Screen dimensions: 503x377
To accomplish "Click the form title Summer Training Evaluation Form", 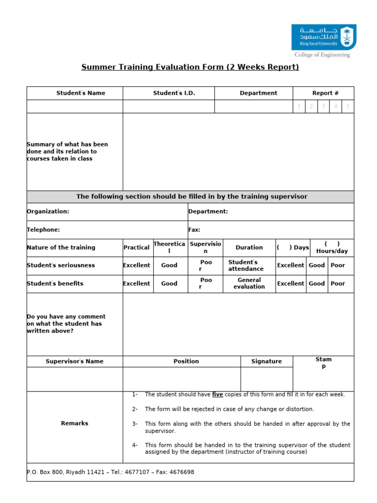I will (x=190, y=67).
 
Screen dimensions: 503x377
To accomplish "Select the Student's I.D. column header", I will (x=174, y=93).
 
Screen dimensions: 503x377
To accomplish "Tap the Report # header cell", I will (x=325, y=93).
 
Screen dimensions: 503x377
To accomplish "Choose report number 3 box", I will (x=323, y=106).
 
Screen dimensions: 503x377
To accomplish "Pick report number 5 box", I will (x=348, y=106).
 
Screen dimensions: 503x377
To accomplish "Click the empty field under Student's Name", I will (x=75, y=106).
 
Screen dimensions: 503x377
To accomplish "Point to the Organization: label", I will (x=48, y=211).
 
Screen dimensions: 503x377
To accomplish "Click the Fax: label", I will (x=194, y=229).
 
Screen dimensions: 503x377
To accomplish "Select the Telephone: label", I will (x=43, y=229).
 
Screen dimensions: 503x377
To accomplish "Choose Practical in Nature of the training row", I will (x=136, y=248).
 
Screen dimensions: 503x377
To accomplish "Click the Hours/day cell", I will (x=332, y=248).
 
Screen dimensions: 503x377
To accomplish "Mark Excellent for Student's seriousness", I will (x=136, y=265).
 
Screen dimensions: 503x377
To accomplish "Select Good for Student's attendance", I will (x=317, y=265).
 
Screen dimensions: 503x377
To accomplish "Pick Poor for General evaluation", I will (x=338, y=283).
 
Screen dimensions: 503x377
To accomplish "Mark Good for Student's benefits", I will (x=169, y=283).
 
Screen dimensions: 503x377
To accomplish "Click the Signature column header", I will (x=267, y=361).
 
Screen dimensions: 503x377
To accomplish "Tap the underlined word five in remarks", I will (x=217, y=394).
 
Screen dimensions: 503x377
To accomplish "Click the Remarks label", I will (x=75, y=423).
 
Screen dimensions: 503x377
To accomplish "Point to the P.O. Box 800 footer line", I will (x=110, y=472).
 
